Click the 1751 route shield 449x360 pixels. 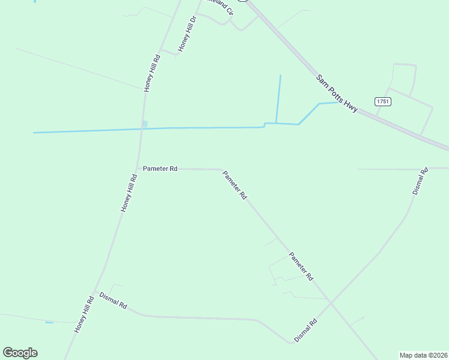[383, 101]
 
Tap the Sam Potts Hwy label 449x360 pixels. [337, 93]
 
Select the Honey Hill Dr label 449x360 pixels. [187, 34]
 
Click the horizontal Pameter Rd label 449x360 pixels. [160, 169]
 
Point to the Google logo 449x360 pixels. [20, 353]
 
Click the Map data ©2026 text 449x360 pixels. [423, 355]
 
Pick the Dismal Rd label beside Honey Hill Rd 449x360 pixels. [113, 300]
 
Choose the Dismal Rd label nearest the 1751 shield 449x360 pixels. [420, 181]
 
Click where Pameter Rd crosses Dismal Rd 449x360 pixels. [329, 302]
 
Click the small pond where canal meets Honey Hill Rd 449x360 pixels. [144, 124]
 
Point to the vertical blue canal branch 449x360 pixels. [278, 99]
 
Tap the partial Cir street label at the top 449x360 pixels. [219, 7]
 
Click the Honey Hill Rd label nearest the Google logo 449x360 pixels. [84, 314]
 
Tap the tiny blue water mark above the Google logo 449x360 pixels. [49, 323]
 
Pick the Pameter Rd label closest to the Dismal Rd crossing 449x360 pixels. [301, 266]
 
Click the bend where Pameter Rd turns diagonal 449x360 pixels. [222, 170]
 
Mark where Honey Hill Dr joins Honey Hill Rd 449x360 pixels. [160, 50]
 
